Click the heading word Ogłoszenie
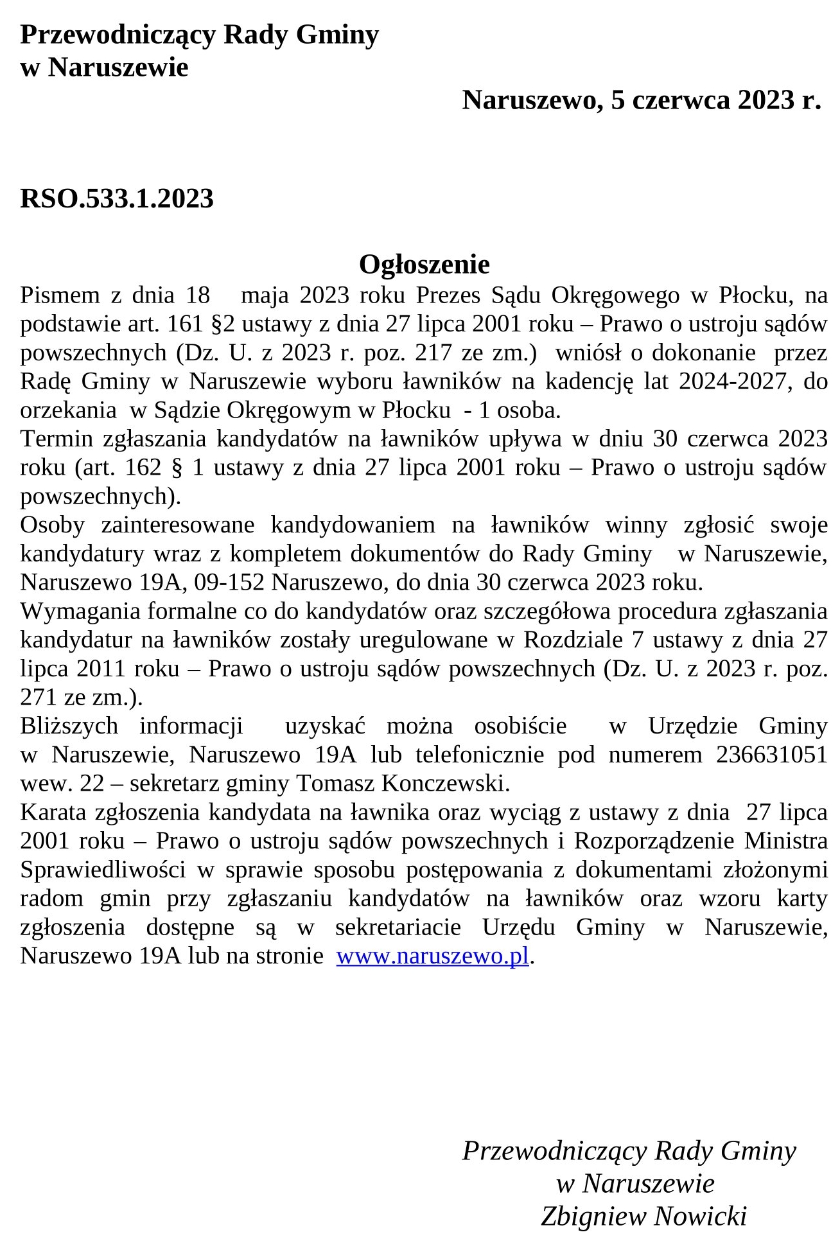[424, 264]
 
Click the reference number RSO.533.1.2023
[117, 198]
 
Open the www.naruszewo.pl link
[432, 956]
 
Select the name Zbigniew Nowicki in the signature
[643, 1216]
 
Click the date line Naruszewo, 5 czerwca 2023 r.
[641, 100]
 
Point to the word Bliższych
[69, 726]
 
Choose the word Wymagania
[80, 611]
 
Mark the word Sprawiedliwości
[103, 870]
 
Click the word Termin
[57, 439]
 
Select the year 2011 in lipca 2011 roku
[101, 669]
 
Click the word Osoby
[53, 525]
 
